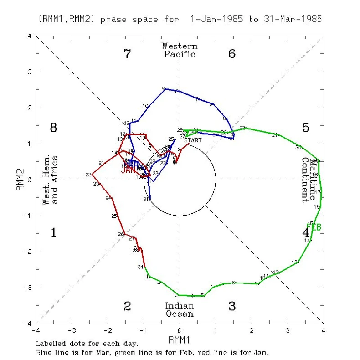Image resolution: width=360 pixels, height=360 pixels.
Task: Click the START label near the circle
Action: tap(193, 140)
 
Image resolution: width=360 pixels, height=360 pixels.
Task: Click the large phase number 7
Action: tap(128, 54)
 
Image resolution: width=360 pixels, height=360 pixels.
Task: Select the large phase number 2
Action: tap(128, 306)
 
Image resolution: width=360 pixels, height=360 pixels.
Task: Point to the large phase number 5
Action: tap(306, 128)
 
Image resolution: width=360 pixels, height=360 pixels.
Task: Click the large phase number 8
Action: tap(53, 128)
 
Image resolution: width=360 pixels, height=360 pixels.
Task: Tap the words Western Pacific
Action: tap(180, 50)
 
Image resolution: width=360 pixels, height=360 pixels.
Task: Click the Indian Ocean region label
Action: tap(180, 310)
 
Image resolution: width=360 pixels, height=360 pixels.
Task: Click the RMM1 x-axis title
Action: tap(180, 339)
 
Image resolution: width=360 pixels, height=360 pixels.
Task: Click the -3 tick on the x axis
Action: tap(72, 329)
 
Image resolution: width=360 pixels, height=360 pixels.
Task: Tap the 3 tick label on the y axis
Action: tap(30, 72)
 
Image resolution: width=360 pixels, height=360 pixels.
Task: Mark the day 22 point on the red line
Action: tap(93, 174)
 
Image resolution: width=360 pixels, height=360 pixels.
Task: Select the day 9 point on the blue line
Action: tap(165, 89)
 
